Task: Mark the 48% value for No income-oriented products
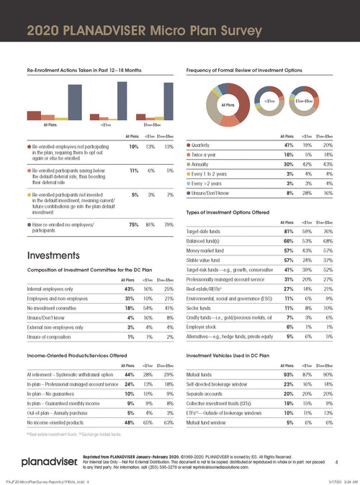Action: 132,422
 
